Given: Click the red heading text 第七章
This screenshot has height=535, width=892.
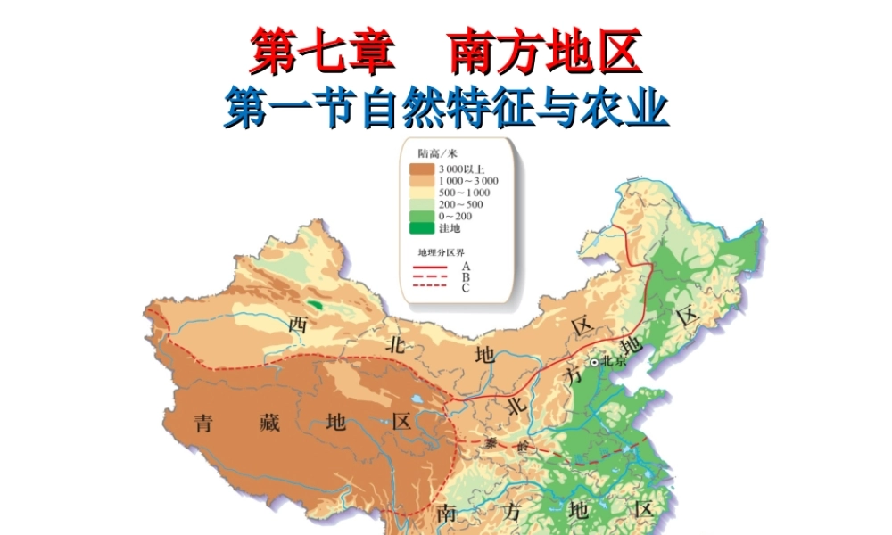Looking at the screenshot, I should click(x=322, y=53).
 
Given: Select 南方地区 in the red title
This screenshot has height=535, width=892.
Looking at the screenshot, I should click(x=546, y=53).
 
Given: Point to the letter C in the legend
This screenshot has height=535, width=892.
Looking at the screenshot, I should click(x=466, y=287).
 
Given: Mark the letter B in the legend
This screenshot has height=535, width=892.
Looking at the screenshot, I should click(x=466, y=276).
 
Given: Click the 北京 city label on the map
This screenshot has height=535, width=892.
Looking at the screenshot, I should click(x=615, y=361).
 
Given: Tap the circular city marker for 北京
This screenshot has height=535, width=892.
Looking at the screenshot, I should click(x=594, y=362).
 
